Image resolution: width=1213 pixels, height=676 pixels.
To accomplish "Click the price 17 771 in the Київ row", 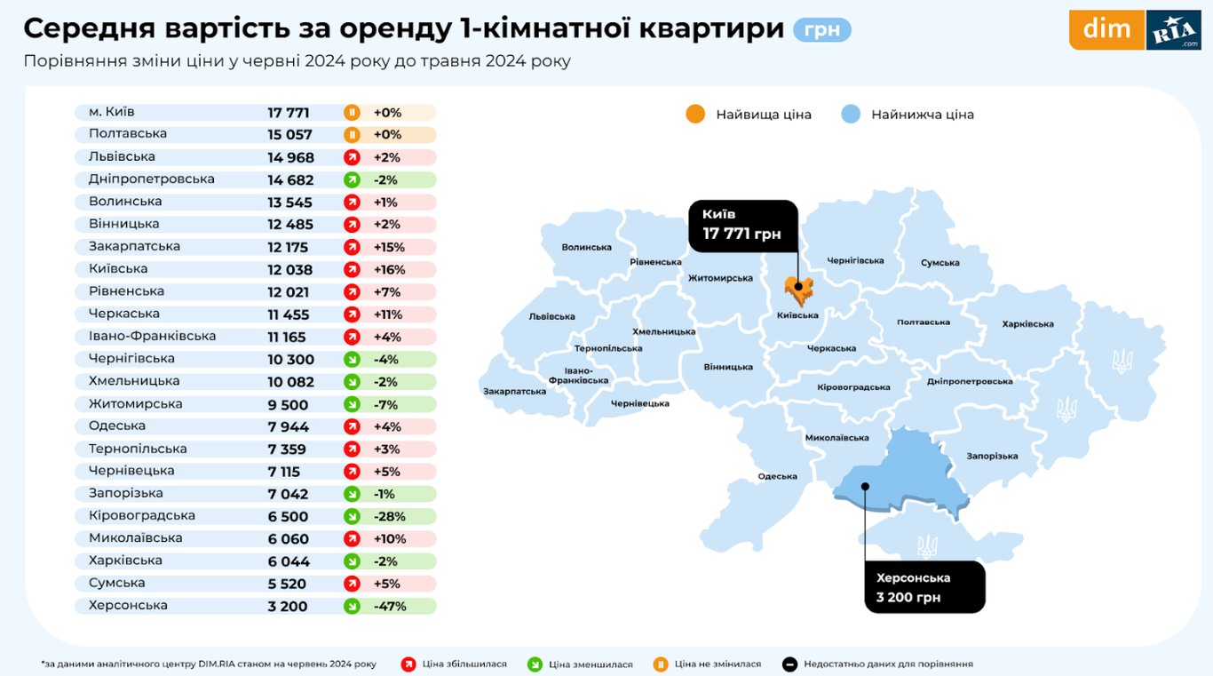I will [x=289, y=113].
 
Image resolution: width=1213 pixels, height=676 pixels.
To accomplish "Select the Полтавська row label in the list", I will [x=128, y=134].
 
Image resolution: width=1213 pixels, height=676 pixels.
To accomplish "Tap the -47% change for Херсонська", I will [x=390, y=607].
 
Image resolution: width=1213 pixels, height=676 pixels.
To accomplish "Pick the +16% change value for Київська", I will [x=389, y=269].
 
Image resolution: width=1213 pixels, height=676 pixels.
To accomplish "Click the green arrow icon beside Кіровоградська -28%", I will [x=352, y=517].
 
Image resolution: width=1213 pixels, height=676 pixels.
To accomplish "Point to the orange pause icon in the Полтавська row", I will [x=352, y=135].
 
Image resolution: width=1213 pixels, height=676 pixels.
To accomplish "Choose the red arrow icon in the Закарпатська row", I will [x=352, y=247].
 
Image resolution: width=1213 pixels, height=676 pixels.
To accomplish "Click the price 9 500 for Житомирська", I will [x=288, y=404].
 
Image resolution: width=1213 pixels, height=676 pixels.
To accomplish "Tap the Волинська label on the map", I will [x=586, y=248].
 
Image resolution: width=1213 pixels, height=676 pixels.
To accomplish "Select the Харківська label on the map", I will [x=1027, y=324].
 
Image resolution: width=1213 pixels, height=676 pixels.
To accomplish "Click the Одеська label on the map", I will [x=777, y=477].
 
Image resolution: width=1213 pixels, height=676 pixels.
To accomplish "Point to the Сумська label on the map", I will [x=939, y=263].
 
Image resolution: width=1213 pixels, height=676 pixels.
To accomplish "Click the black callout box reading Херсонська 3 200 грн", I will [x=924, y=587].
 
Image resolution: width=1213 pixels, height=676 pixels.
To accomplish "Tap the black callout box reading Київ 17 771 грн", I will [x=743, y=225].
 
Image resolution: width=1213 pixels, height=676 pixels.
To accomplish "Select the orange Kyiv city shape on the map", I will [x=797, y=290].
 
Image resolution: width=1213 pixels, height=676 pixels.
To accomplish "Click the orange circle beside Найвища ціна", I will [x=695, y=115].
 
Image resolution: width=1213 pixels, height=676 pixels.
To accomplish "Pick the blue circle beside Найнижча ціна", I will [x=851, y=115].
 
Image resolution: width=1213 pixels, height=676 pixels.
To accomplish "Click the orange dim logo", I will [x=1106, y=29].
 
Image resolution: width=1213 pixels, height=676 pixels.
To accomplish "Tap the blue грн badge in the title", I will [x=821, y=30].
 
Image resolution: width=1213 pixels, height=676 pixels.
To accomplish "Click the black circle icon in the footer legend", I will [x=789, y=664].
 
